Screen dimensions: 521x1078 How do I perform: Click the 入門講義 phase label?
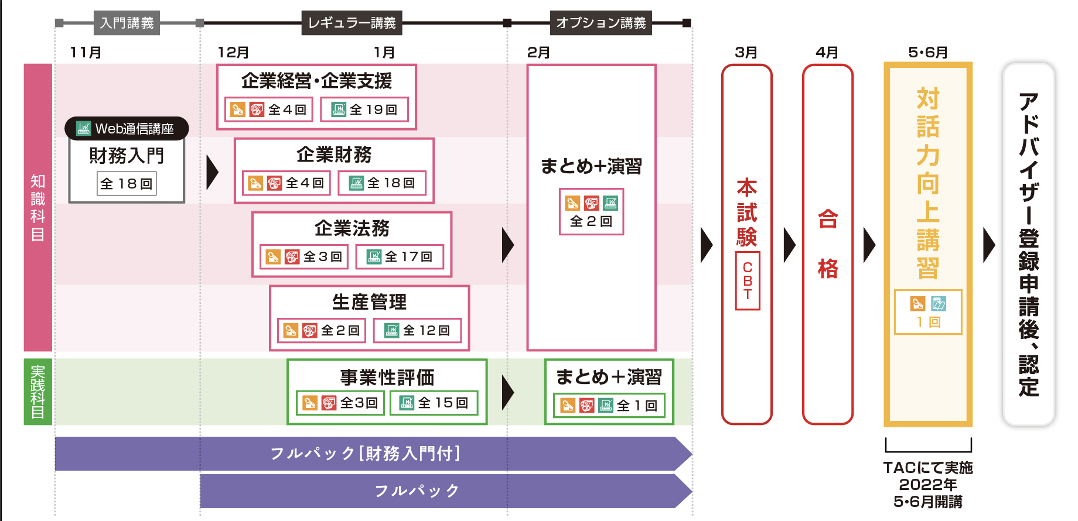pyautogui.click(x=127, y=23)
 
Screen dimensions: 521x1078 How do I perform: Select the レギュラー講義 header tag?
pyautogui.click(x=352, y=23)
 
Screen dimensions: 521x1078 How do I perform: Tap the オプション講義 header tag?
pyautogui.click(x=601, y=23)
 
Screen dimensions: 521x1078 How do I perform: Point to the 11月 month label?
pyautogui.click(x=86, y=53)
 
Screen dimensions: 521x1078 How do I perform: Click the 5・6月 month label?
pyautogui.click(x=928, y=53)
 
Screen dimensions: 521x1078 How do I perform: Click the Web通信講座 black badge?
pyautogui.click(x=127, y=129)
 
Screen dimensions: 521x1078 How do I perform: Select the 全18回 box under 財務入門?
pyautogui.click(x=127, y=184)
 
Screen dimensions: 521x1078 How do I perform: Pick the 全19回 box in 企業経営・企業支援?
pyautogui.click(x=365, y=109)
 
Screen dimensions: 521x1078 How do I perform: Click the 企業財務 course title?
pyautogui.click(x=334, y=155)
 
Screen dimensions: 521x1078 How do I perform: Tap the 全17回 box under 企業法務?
pyautogui.click(x=400, y=256)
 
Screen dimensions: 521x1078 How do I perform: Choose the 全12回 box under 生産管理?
pyautogui.click(x=418, y=330)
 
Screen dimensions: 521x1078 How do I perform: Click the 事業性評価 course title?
pyautogui.click(x=387, y=377)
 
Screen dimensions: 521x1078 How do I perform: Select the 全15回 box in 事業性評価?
pyautogui.click(x=434, y=403)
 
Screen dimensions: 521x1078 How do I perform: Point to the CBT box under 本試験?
pyautogui.click(x=748, y=281)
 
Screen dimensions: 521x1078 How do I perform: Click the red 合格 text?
pyautogui.click(x=828, y=244)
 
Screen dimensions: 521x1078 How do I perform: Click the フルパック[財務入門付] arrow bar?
pyautogui.click(x=366, y=454)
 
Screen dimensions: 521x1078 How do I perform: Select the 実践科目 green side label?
pyautogui.click(x=37, y=392)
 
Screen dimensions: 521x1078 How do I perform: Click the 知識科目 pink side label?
pyautogui.click(x=37, y=207)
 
